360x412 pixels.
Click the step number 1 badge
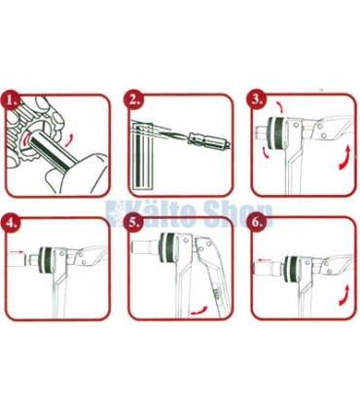[12, 100]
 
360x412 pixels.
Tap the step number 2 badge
[133, 100]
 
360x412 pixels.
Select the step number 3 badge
[257, 100]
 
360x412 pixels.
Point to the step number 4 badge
[12, 223]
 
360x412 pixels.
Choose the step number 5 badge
[133, 223]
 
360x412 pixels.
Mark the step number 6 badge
[257, 223]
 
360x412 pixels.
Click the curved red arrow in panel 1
[70, 139]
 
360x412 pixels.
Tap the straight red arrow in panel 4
[17, 251]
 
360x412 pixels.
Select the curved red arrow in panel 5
[198, 311]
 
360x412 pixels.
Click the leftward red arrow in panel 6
[267, 259]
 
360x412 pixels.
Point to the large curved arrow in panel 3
[345, 158]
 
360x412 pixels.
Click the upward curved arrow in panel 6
[344, 296]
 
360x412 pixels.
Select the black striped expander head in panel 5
[167, 248]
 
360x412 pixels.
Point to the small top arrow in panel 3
[279, 107]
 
